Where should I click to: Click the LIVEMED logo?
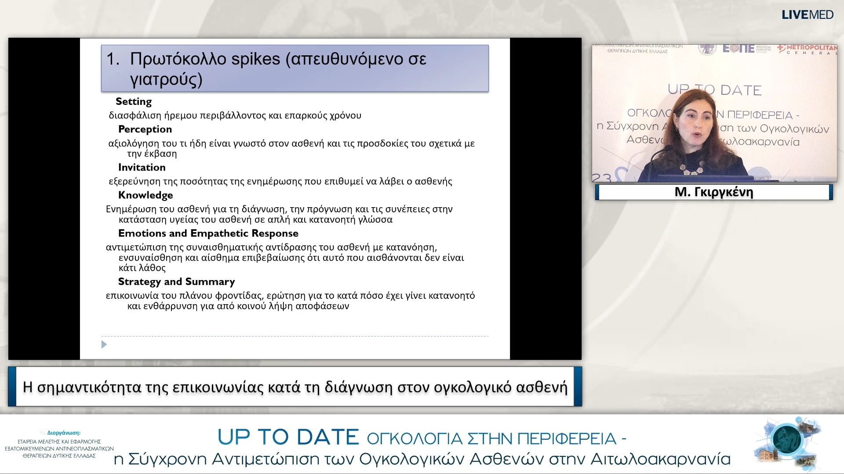click(x=807, y=14)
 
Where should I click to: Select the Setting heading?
click(x=134, y=101)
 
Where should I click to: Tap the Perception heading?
click(x=145, y=129)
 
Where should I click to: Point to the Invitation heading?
click(x=142, y=167)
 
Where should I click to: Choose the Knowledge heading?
click(x=146, y=195)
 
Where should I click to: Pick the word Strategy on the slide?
click(x=139, y=281)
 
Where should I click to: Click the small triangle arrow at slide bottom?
click(x=104, y=345)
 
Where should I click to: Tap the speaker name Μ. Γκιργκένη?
click(x=713, y=192)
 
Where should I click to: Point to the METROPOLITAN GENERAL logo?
click(x=807, y=49)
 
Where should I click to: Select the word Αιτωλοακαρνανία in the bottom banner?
click(x=660, y=459)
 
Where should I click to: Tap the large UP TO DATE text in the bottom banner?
click(x=288, y=437)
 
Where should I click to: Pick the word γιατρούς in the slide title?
click(x=166, y=79)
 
